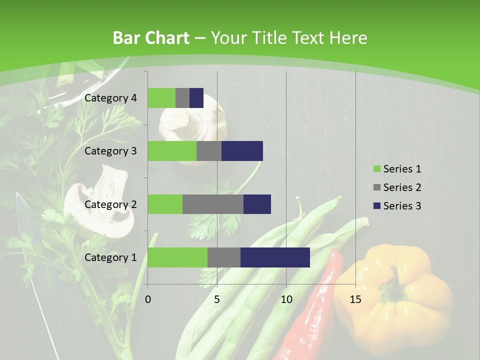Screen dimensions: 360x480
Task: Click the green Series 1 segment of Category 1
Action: [x=177, y=257]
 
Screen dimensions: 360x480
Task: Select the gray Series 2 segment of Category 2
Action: [x=213, y=204]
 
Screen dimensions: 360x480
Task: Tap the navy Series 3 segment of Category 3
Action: [x=242, y=151]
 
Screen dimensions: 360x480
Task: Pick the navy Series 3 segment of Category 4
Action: [x=196, y=98]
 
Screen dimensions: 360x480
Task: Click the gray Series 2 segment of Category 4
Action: [x=182, y=98]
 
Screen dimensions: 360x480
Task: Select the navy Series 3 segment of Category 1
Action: [x=275, y=257]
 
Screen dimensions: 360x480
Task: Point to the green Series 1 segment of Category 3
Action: [x=172, y=151]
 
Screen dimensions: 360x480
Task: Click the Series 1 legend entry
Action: [x=397, y=169]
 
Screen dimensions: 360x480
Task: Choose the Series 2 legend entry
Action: [x=397, y=187]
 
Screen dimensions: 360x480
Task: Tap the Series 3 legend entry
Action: [x=397, y=206]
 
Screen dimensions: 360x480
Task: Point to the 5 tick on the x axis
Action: [x=217, y=299]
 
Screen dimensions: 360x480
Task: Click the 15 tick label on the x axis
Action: [x=355, y=299]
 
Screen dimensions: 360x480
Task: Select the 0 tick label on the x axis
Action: [x=148, y=299]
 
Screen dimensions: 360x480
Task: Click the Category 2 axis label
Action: [x=110, y=204]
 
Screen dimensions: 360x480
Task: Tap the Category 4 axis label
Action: [x=110, y=98]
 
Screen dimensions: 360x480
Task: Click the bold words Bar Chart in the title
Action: [x=151, y=38]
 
